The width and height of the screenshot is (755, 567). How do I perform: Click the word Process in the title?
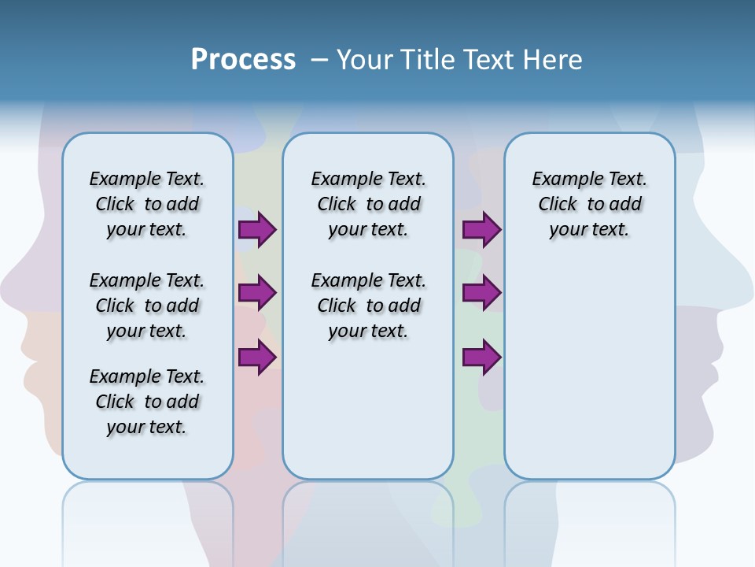(x=243, y=60)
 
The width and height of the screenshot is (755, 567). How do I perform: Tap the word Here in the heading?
(x=554, y=60)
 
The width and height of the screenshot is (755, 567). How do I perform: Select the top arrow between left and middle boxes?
(x=257, y=229)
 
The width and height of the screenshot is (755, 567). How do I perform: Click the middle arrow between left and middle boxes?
(x=257, y=293)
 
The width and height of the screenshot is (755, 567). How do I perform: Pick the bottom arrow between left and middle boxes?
(x=257, y=358)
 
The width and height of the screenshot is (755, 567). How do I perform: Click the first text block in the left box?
(x=147, y=204)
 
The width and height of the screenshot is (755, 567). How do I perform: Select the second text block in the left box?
(x=147, y=306)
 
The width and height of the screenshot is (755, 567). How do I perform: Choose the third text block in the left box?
(x=147, y=402)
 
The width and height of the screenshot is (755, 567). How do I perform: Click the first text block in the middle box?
(x=368, y=204)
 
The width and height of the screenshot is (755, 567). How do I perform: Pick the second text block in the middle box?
(x=368, y=306)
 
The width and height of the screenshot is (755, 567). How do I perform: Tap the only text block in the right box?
(x=589, y=204)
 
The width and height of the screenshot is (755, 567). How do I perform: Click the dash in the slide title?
(x=319, y=60)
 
